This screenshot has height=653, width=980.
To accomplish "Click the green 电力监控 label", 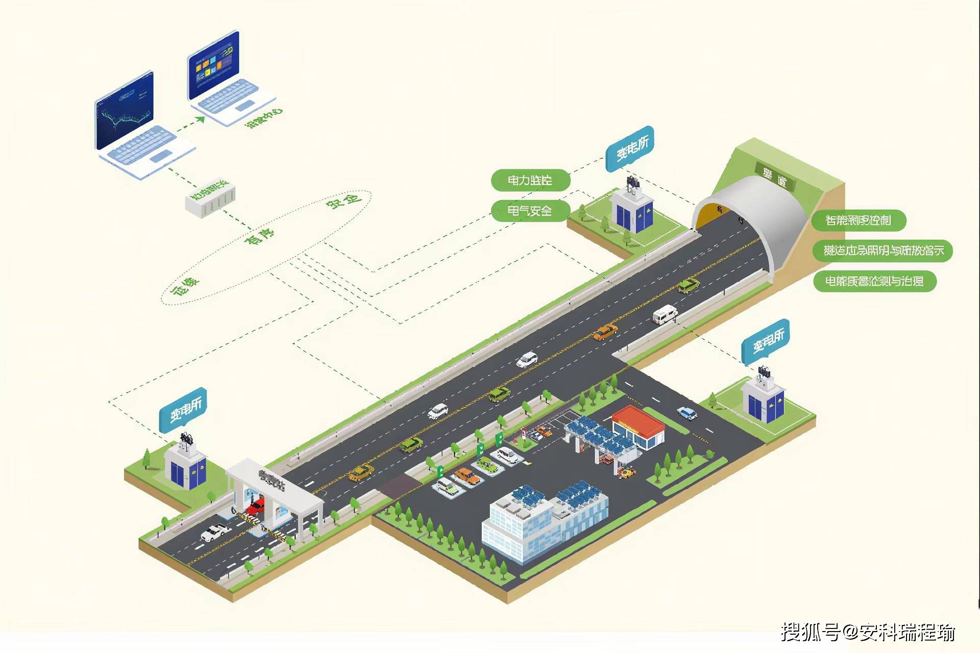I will (530, 180).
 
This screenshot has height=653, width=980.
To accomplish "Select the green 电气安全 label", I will (530, 210).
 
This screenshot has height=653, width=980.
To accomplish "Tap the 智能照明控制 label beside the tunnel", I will (858, 220).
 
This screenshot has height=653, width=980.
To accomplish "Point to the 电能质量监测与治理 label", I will (874, 281).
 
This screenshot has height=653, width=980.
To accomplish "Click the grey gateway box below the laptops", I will (211, 198).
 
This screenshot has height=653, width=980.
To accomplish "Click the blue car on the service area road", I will (687, 413).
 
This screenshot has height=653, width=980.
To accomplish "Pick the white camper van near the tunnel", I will (665, 314).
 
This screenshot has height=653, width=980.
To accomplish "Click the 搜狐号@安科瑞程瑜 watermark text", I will (868, 633).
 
